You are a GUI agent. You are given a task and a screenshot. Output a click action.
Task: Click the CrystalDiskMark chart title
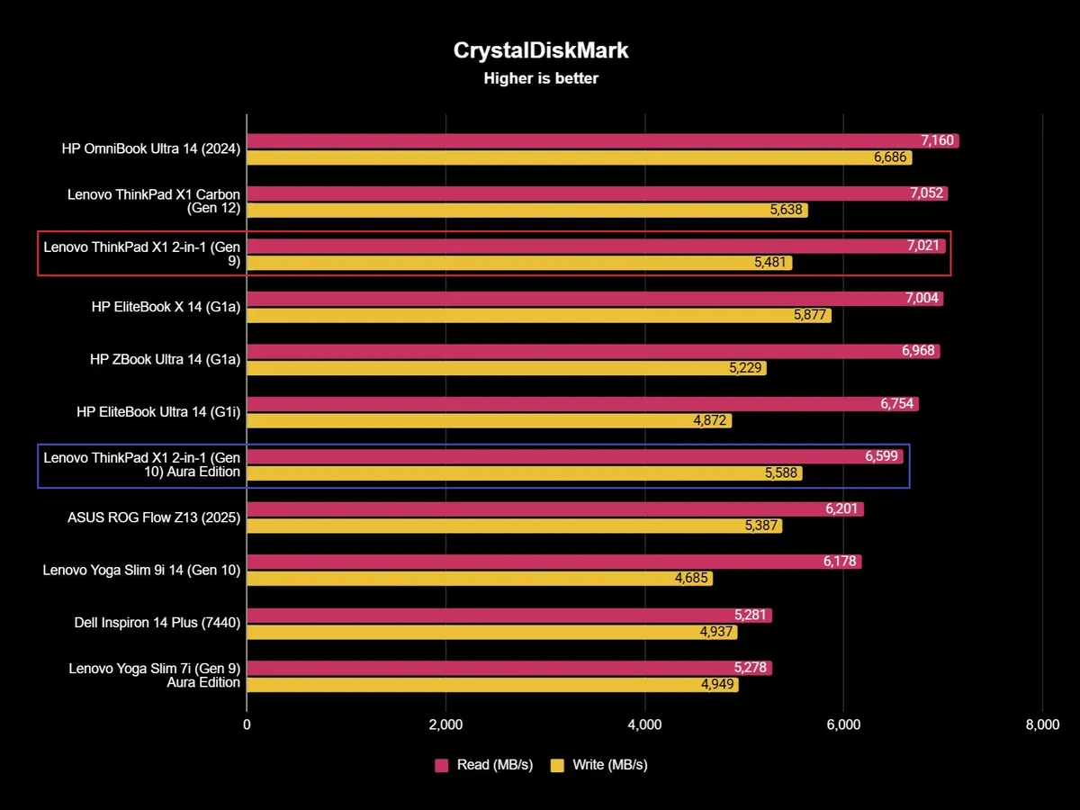point(541,50)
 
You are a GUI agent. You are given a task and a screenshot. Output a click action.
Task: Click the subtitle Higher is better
point(541,78)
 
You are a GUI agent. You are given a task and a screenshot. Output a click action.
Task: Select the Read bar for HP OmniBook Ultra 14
point(576,141)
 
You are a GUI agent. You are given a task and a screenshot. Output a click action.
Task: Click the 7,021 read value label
point(924,246)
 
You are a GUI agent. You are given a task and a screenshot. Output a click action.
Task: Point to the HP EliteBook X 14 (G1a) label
point(166,306)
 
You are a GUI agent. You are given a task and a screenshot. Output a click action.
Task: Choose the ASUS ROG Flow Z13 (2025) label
point(154,517)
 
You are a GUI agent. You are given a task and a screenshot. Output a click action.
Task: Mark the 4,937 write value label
point(717,632)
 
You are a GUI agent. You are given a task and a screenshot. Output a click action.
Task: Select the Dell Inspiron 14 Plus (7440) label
point(157,622)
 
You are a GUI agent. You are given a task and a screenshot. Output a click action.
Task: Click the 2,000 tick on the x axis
point(445,724)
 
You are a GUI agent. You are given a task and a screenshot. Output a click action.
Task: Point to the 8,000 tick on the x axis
point(1041,724)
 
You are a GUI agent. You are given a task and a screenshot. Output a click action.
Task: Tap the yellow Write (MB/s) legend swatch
point(557,765)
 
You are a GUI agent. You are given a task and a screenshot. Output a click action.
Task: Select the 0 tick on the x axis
point(247,724)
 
